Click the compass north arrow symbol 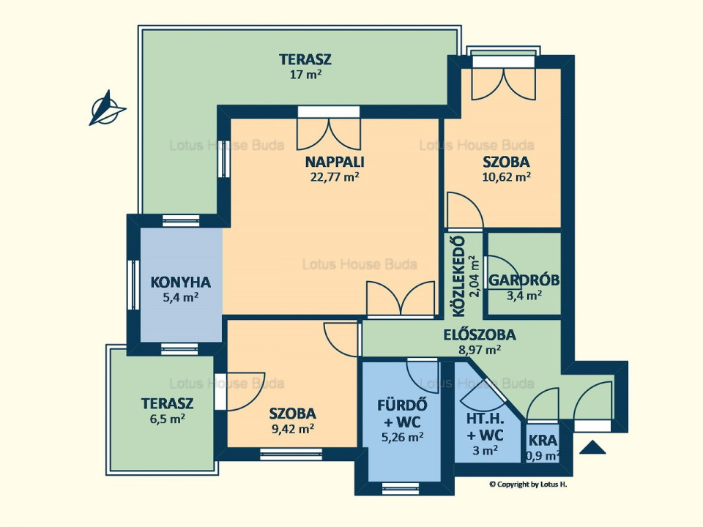click(x=107, y=108)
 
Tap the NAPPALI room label click(x=335, y=162)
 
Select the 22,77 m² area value click(x=335, y=176)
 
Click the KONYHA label click(x=180, y=283)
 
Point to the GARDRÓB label click(x=524, y=280)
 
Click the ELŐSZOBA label click(x=479, y=334)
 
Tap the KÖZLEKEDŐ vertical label click(x=459, y=277)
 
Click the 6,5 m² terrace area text click(x=168, y=419)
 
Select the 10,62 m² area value click(x=507, y=176)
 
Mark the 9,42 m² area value click(x=293, y=428)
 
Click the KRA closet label click(x=543, y=440)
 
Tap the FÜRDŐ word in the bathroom click(x=402, y=405)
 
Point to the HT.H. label click(x=486, y=419)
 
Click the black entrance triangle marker click(x=592, y=447)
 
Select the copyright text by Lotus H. click(x=528, y=484)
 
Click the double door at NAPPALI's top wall click(x=329, y=130)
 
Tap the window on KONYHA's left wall click(x=133, y=285)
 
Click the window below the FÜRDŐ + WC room click(x=403, y=488)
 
